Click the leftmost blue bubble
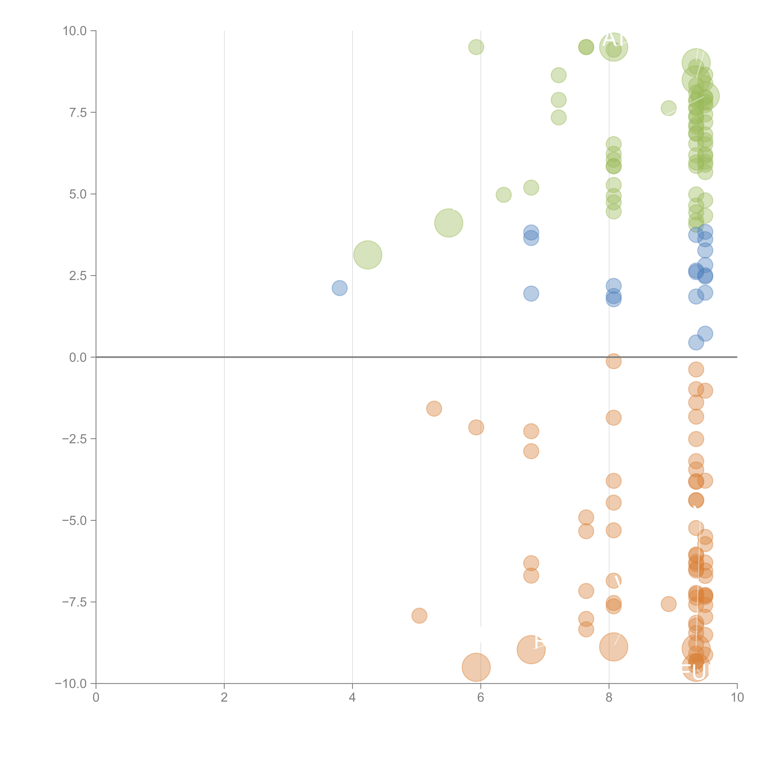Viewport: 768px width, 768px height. click(339, 288)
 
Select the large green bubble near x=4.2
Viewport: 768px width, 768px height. click(368, 255)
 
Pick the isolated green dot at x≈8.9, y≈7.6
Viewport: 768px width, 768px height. click(669, 108)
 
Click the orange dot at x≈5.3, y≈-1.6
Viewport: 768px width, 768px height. click(434, 409)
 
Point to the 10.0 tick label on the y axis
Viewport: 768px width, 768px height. click(75, 31)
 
